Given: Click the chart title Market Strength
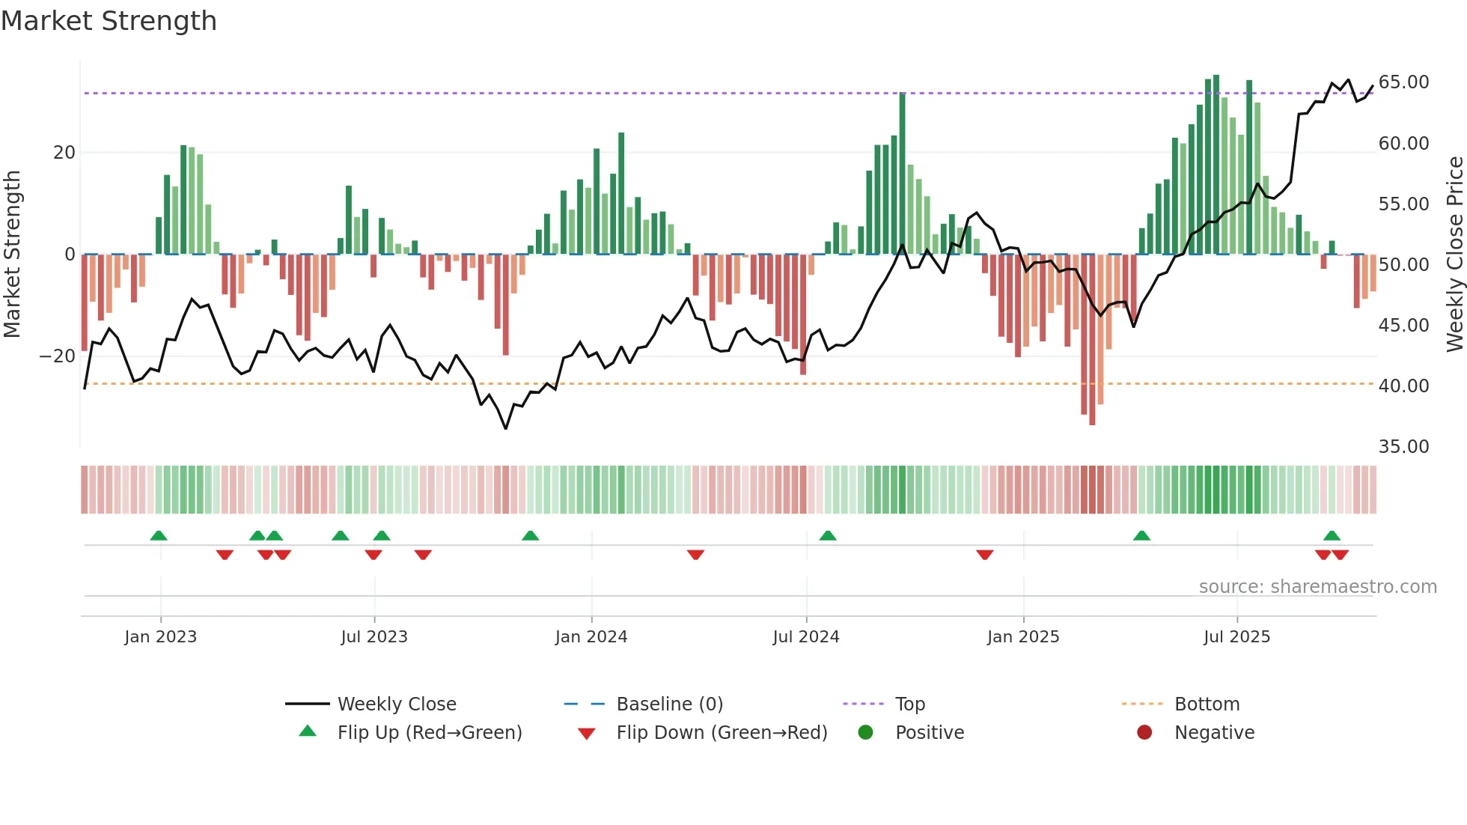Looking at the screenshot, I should [109, 21].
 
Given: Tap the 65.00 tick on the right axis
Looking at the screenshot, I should [1403, 82].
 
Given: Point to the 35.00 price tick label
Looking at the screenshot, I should [1403, 447].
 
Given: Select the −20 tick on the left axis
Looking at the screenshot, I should [57, 356].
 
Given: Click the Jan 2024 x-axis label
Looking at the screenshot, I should [591, 637].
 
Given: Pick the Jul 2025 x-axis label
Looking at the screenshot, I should [1236, 637].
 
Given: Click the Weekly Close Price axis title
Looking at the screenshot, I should [1454, 255].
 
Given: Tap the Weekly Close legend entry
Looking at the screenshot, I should [396, 704].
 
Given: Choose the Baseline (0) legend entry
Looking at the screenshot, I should [669, 704].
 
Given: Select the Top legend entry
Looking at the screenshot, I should [909, 704].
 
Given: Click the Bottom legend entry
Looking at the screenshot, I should [1207, 704].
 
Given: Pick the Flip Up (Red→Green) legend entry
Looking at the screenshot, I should [429, 733].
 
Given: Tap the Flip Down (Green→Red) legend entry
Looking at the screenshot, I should [722, 733].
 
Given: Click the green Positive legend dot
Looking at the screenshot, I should [865, 733].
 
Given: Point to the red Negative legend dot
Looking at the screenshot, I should [1144, 733].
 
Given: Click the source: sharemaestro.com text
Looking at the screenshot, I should [1317, 587].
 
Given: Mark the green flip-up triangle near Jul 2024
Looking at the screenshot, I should [827, 536].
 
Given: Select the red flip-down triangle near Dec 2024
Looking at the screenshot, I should [984, 554].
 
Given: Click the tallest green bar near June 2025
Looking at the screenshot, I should [1216, 165].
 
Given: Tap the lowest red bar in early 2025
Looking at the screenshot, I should [1092, 341].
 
